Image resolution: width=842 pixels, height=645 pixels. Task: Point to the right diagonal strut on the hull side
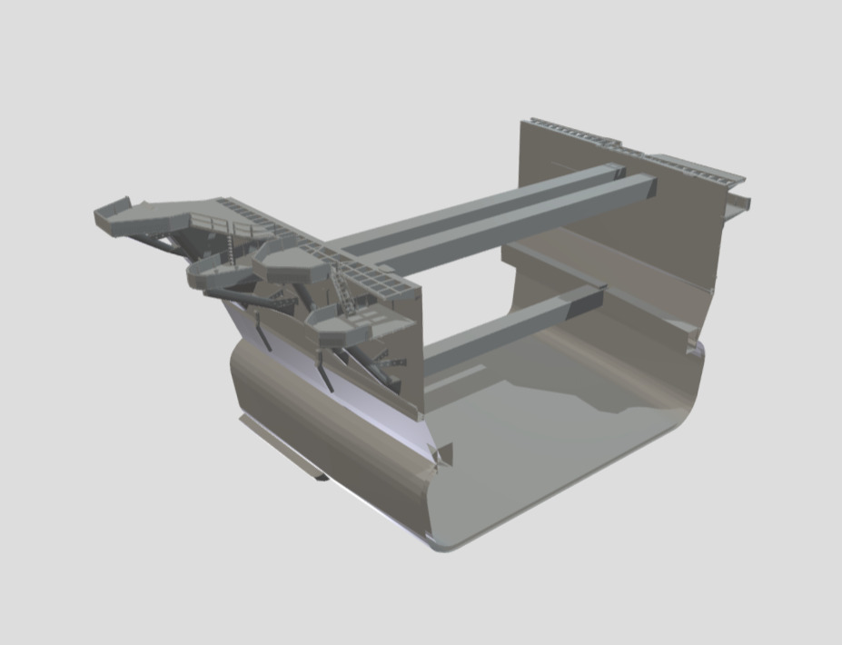(323, 372)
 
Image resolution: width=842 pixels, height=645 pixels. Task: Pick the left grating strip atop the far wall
(568, 133)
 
